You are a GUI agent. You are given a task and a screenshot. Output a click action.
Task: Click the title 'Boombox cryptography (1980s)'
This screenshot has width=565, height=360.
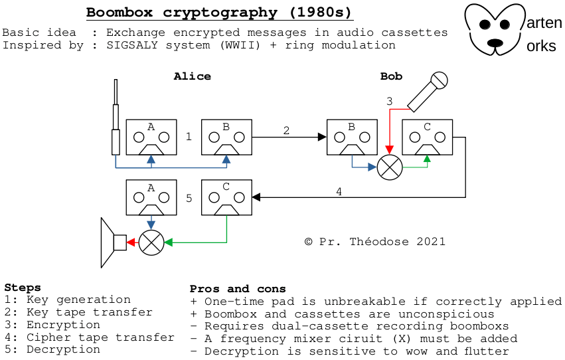pyautogui.click(x=219, y=12)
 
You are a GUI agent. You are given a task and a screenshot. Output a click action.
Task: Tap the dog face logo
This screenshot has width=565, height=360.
pyautogui.click(x=495, y=29)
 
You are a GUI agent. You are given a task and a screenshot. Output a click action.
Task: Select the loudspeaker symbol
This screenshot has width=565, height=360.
pyautogui.click(x=114, y=242)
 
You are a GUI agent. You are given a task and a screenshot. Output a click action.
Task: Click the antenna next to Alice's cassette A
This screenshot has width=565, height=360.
pyautogui.click(x=116, y=117)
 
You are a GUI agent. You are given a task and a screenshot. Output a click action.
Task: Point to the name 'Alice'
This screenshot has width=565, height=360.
pyautogui.click(x=193, y=76)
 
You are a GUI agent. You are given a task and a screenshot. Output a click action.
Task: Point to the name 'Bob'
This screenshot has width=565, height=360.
pyautogui.click(x=391, y=76)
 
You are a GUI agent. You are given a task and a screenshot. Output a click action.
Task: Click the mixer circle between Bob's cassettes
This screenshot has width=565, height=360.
pyautogui.click(x=390, y=167)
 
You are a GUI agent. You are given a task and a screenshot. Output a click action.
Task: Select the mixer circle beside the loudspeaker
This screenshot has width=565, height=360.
pyautogui.click(x=151, y=242)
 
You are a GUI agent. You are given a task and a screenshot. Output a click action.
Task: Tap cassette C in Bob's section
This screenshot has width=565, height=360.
pyautogui.click(x=427, y=137)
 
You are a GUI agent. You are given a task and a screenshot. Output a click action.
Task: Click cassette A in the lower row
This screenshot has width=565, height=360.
pyautogui.click(x=151, y=197)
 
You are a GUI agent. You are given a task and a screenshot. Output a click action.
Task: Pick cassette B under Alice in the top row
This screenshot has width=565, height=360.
pyautogui.click(x=226, y=137)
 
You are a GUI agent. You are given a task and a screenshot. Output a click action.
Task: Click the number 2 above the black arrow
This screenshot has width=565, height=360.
pyautogui.click(x=286, y=130)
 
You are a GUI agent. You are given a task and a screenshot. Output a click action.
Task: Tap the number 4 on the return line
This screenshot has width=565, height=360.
pyautogui.click(x=339, y=192)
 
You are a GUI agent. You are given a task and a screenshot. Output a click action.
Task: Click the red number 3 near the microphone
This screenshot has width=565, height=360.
pyautogui.click(x=390, y=101)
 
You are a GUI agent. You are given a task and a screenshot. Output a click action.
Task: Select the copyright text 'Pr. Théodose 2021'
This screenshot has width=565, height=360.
pyautogui.click(x=382, y=242)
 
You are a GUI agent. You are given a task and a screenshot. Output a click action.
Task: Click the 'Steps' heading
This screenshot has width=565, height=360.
pyautogui.click(x=23, y=288)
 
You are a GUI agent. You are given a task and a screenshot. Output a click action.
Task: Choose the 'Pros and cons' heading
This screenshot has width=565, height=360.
pyautogui.click(x=238, y=289)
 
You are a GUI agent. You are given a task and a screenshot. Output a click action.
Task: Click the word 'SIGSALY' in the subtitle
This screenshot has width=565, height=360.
pyautogui.click(x=132, y=45)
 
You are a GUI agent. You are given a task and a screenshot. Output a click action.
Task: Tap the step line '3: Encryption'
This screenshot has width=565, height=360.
pyautogui.click(x=52, y=325)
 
